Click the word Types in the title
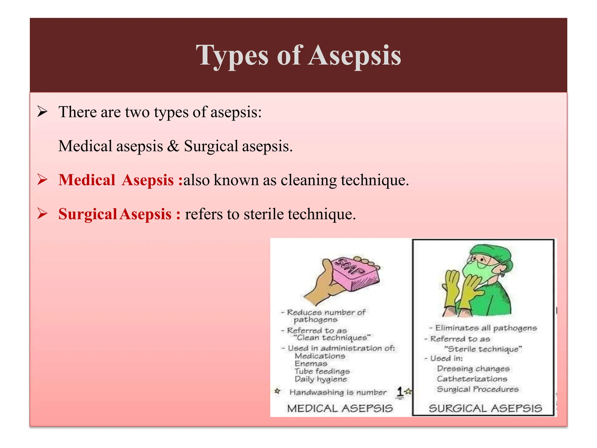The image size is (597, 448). (232, 55)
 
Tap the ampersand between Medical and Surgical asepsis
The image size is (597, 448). (173, 146)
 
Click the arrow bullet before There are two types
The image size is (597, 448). (43, 112)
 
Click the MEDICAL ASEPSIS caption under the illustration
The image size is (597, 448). (340, 408)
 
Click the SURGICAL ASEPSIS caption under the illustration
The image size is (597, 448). (485, 408)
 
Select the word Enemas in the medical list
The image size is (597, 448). (311, 364)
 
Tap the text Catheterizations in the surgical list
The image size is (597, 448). (472, 379)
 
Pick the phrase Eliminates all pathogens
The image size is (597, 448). (486, 328)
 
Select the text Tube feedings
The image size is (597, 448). (322, 371)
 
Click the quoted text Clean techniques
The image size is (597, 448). (332, 338)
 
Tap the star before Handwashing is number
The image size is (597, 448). (278, 391)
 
